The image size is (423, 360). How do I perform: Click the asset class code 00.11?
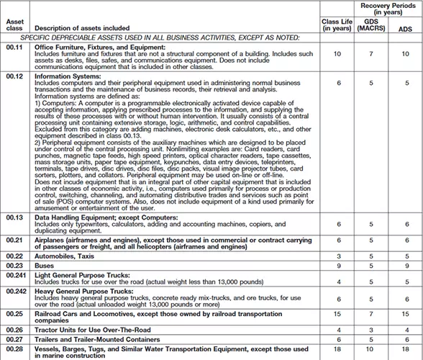point(14,48)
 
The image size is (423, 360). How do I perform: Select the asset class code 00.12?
point(14,75)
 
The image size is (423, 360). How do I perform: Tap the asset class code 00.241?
point(17,275)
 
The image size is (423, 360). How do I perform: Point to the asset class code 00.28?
point(14,348)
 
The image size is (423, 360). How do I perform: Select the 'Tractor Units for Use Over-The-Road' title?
point(92,329)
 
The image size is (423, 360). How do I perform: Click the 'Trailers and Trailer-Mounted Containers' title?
point(98,338)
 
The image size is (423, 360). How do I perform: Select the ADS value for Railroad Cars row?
point(406,315)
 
